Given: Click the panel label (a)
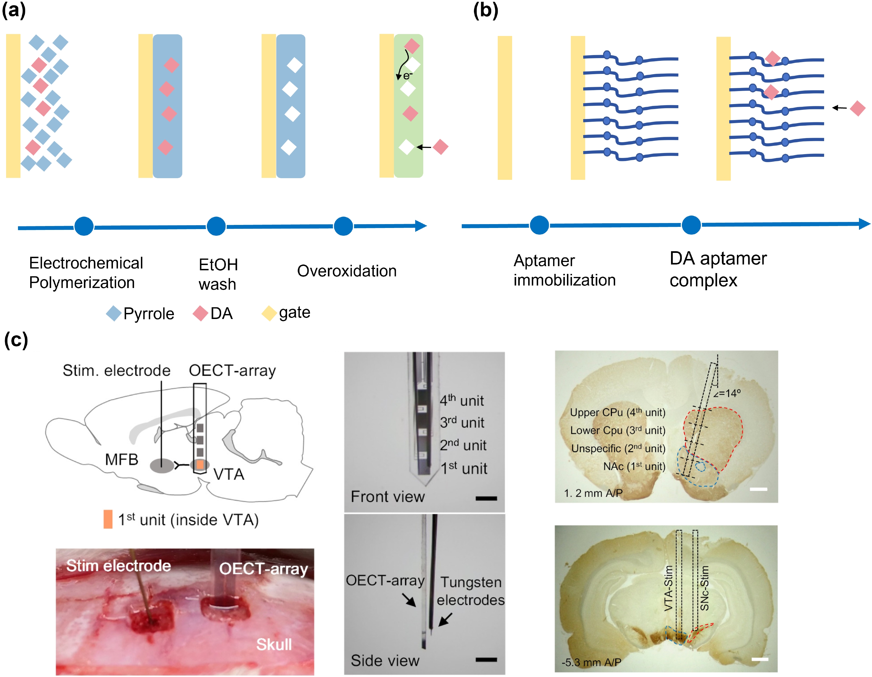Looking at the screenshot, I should pyautogui.click(x=14, y=10).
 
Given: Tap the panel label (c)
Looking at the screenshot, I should pyautogui.click(x=16, y=340).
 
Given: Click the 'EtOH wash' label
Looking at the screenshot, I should pyautogui.click(x=218, y=274).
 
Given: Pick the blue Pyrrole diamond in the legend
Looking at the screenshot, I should pyautogui.click(x=114, y=313).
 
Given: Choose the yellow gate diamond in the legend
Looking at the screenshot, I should pyautogui.click(x=269, y=313).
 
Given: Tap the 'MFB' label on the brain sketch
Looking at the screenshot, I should pyautogui.click(x=121, y=460).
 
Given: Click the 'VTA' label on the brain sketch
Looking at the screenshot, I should pyautogui.click(x=228, y=474).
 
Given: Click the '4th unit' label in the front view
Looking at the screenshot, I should pyautogui.click(x=461, y=400).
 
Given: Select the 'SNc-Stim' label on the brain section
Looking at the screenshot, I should pyautogui.click(x=705, y=588).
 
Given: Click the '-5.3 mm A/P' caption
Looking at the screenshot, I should pyautogui.click(x=591, y=663).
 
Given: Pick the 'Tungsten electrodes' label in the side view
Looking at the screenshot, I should pyautogui.click(x=470, y=591).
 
